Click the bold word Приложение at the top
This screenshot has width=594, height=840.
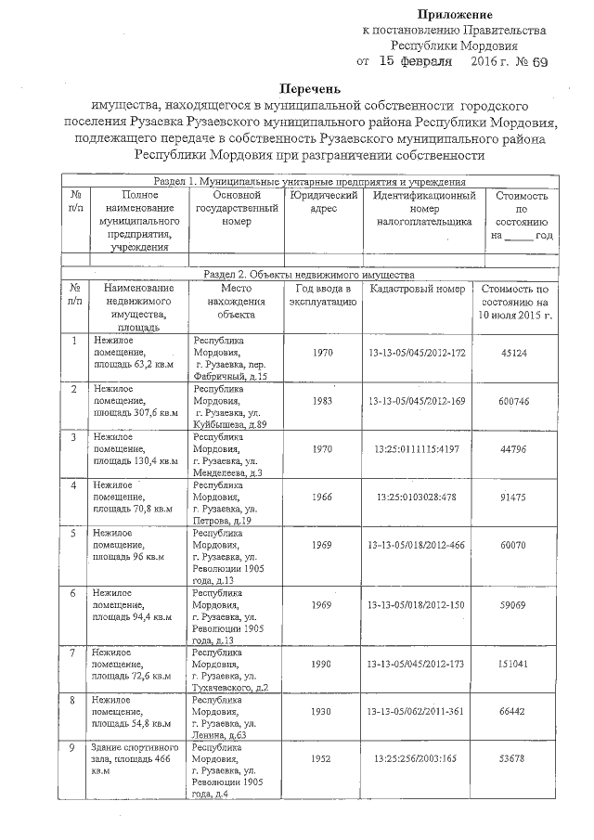coord(455,14)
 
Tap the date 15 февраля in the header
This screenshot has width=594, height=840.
coord(412,61)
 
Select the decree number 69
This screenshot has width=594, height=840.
coord(540,61)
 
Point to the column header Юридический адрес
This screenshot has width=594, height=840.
coord(323,203)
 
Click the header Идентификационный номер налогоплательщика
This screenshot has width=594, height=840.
coord(423,210)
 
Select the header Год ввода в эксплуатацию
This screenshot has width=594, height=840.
coord(323,296)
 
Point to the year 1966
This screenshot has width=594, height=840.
coord(322,497)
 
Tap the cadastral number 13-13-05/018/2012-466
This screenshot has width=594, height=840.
coord(417,544)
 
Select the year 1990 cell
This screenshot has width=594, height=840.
coord(322,665)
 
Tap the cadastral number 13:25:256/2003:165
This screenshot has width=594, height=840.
coord(417,758)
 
